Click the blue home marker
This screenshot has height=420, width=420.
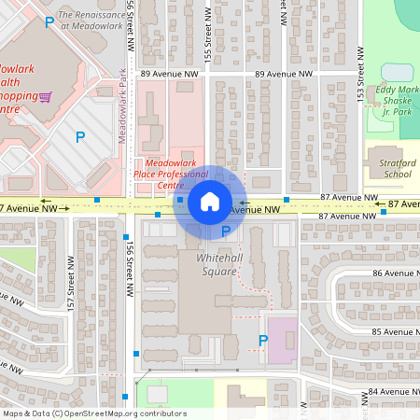[210, 202]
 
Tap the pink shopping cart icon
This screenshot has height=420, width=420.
[45, 96]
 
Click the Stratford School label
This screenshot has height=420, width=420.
[385, 167]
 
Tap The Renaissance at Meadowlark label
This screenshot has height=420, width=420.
[91, 21]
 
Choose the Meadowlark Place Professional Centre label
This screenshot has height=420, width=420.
[170, 173]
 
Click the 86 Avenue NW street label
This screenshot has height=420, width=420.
[391, 273]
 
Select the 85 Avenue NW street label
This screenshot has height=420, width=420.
[391, 331]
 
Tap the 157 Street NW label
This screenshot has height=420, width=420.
[69, 292]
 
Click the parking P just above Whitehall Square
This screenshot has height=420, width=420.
[226, 231]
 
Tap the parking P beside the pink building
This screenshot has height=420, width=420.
[262, 342]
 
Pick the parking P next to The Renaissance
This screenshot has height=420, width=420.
[49, 22]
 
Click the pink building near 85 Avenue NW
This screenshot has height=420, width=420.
[283, 341]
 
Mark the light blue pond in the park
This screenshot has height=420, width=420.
[397, 72]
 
